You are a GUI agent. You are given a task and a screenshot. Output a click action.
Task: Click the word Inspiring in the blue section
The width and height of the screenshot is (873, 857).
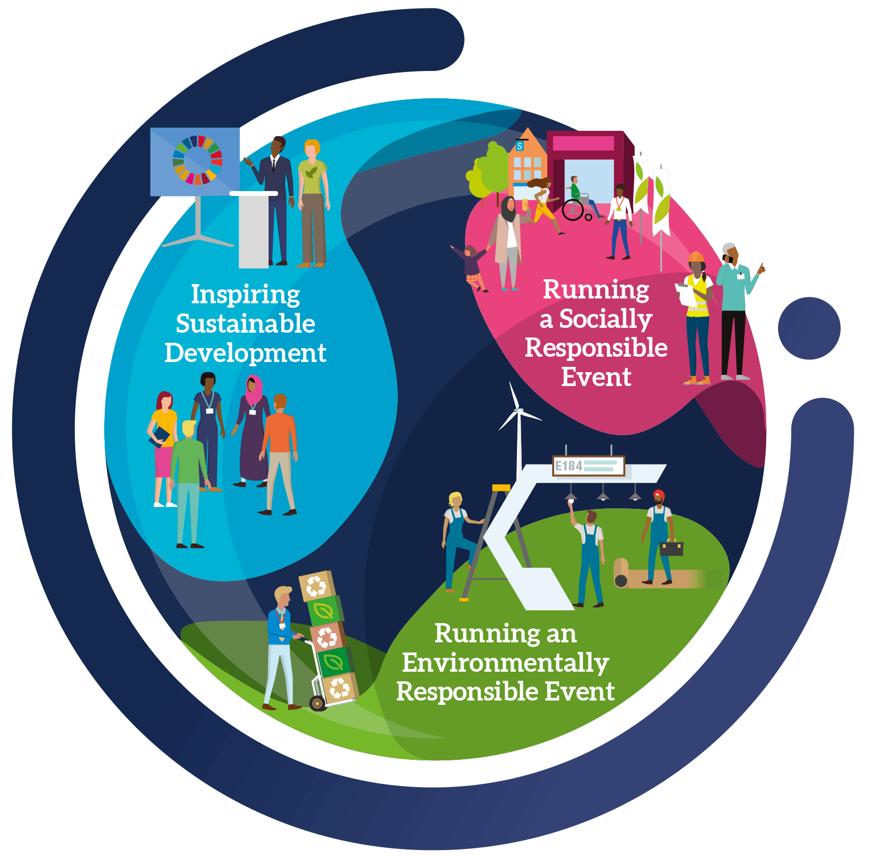tap(245, 295)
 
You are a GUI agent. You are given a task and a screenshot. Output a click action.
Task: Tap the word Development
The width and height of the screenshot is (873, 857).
tap(245, 353)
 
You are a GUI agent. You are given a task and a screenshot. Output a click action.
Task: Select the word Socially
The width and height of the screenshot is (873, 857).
tap(605, 319)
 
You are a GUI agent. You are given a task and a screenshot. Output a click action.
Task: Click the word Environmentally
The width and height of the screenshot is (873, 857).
tap(505, 663)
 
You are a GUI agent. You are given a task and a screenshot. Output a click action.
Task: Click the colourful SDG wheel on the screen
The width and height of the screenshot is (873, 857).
tap(197, 160)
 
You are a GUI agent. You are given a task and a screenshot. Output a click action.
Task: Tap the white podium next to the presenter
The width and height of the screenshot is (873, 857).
tap(254, 230)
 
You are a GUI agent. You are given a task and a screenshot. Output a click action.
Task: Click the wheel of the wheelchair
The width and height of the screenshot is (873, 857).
tap(573, 210)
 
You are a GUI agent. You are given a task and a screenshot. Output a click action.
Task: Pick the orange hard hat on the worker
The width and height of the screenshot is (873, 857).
tap(696, 257)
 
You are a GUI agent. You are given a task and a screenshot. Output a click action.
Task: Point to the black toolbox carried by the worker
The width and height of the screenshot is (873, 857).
tap(672, 548)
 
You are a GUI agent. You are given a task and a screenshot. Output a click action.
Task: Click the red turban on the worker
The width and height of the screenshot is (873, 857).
tap(659, 494)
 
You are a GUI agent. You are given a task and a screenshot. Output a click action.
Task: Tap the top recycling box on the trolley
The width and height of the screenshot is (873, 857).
tap(317, 586)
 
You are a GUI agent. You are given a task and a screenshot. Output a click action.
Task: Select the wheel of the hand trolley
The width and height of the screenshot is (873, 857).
tap(318, 703)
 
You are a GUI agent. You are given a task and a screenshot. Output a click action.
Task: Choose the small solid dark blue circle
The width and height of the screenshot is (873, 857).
tap(809, 328)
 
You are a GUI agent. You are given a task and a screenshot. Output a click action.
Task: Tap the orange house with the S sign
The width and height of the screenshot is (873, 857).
tap(527, 160)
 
